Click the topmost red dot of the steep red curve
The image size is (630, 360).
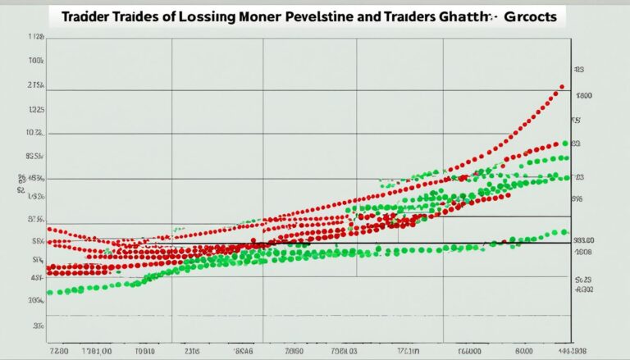pos(562,86)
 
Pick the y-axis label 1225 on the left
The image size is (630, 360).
pos(35,109)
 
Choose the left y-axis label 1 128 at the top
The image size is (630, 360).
pos(35,37)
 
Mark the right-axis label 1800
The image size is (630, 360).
pos(583,96)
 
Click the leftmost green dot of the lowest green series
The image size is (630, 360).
pos(50,292)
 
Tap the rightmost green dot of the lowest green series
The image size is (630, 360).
pos(564,232)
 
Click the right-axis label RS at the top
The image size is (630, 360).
pos(577,71)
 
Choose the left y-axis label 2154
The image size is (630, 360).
pos(35,85)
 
